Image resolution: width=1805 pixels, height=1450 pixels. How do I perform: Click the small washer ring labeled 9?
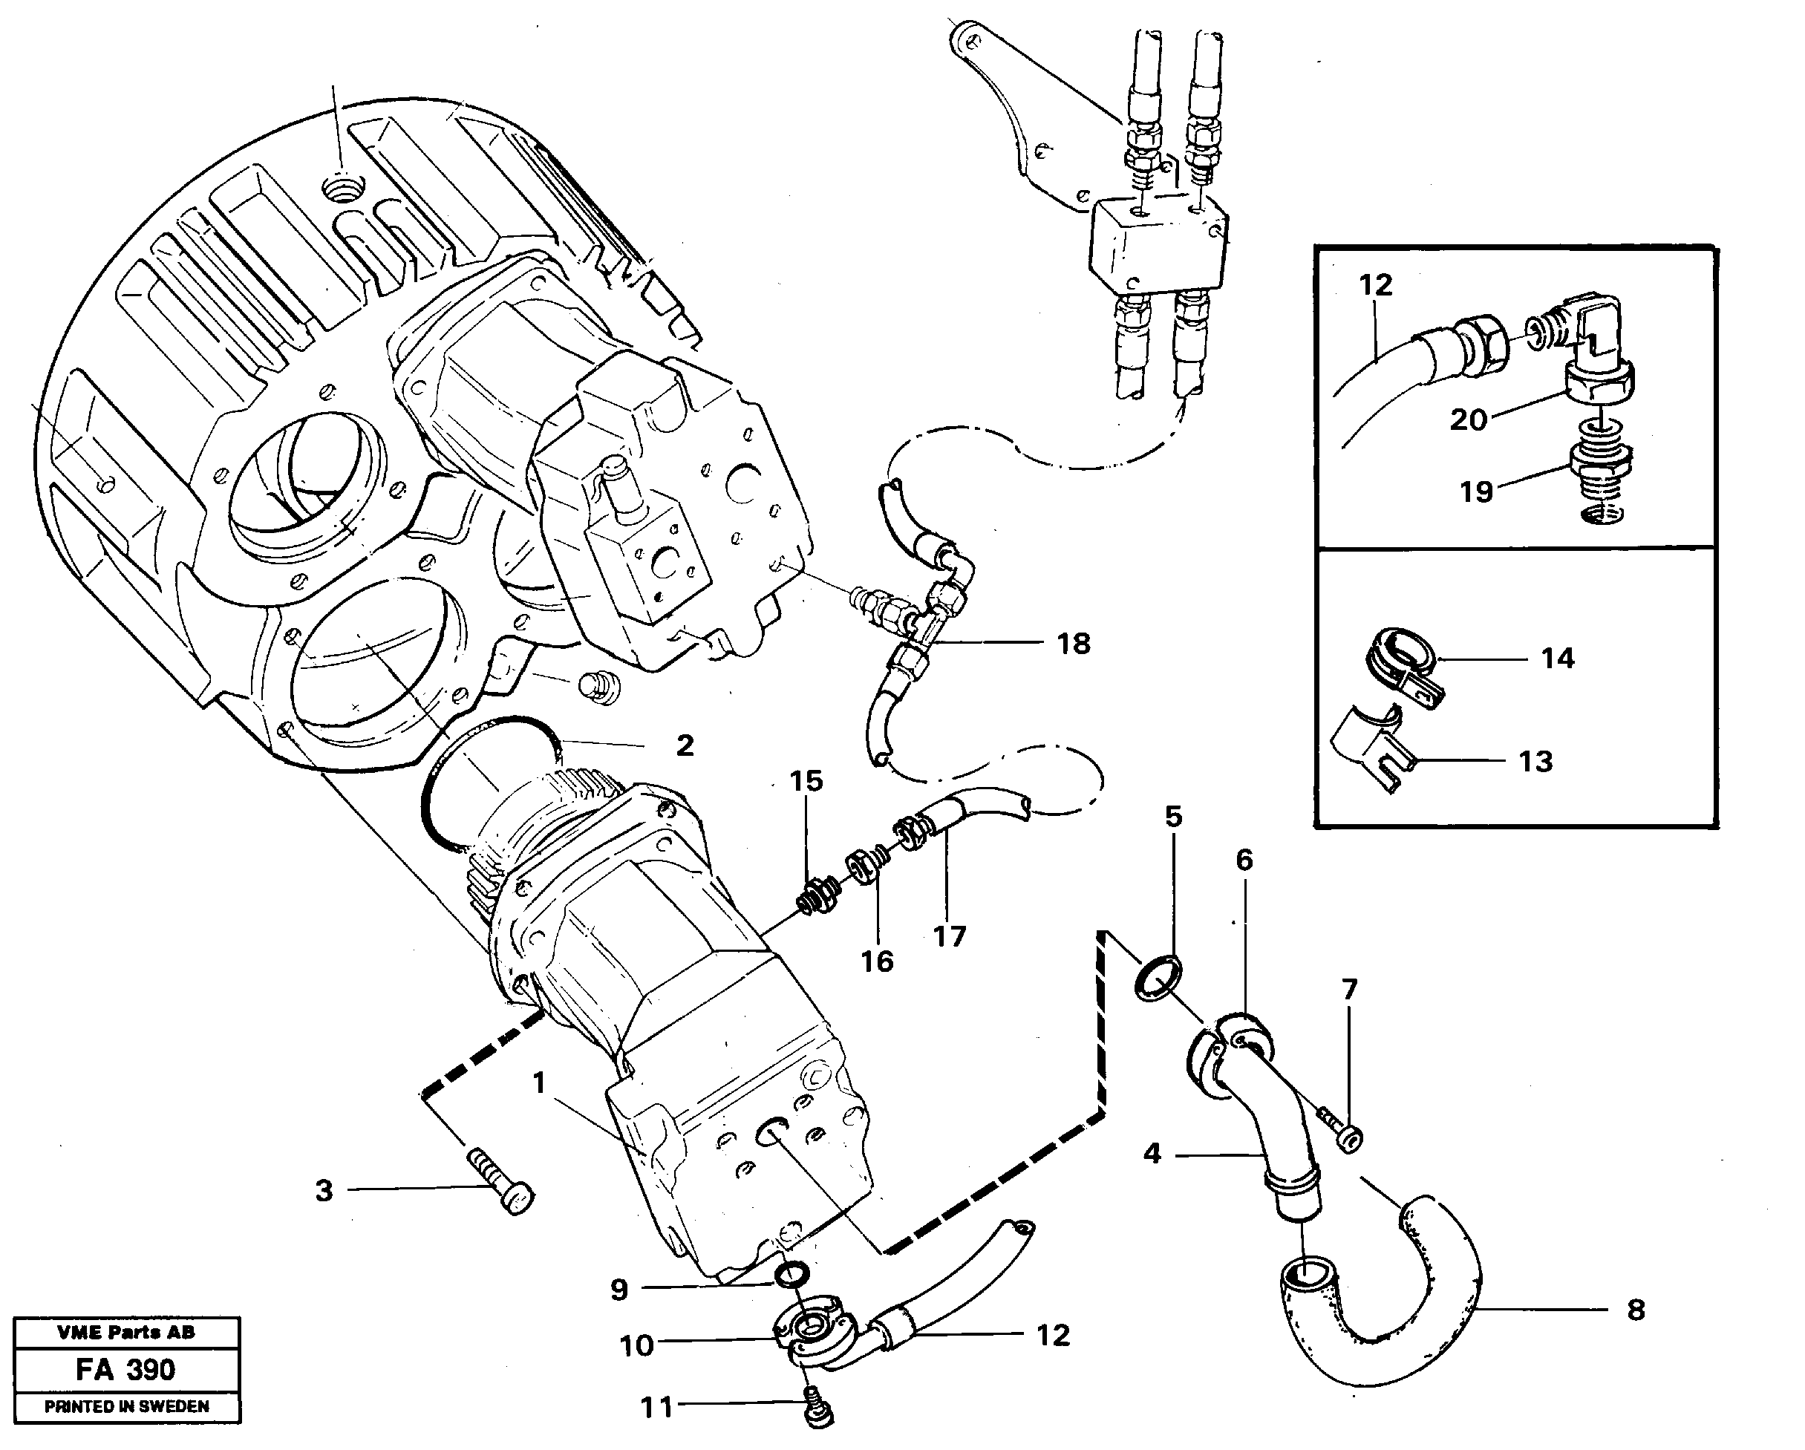click(791, 1297)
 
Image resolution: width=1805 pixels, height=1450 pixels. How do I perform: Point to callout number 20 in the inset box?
click(1468, 419)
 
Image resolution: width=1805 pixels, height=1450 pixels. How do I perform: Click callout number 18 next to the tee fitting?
click(1074, 644)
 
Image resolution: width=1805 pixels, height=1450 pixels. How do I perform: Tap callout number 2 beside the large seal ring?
click(685, 745)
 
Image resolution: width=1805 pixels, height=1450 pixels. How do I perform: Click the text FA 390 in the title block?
click(125, 1371)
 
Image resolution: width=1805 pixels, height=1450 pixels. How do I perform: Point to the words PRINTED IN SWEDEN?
click(126, 1407)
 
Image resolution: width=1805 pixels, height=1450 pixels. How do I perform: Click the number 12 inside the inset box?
click(1376, 286)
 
